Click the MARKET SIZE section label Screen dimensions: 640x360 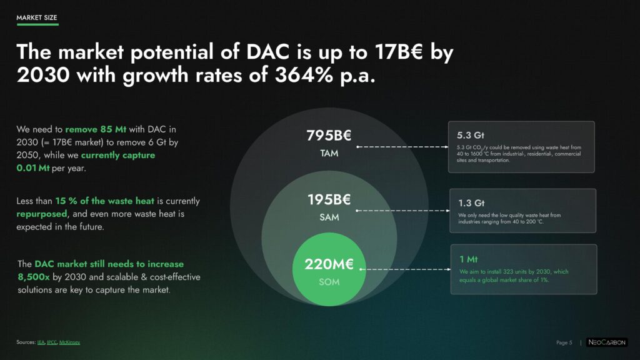click(x=37, y=17)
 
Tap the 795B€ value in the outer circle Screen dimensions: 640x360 click(x=329, y=136)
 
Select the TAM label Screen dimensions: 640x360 click(x=329, y=154)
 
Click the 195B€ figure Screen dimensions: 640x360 click(x=329, y=199)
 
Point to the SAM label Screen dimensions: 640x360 click(x=329, y=217)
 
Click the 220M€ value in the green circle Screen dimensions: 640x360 click(x=329, y=264)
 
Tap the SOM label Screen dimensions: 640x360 click(x=329, y=282)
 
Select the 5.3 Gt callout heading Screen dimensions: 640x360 click(x=470, y=135)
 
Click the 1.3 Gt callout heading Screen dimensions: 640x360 click(x=471, y=203)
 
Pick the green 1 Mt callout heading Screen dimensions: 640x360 click(x=468, y=259)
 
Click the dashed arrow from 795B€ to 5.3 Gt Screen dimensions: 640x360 click(x=402, y=146)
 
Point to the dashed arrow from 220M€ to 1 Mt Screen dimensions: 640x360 click(x=405, y=269)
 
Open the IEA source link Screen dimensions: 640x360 click(x=41, y=342)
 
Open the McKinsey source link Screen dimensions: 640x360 click(x=70, y=342)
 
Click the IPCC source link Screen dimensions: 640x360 click(x=52, y=342)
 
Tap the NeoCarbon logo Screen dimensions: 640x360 click(x=607, y=342)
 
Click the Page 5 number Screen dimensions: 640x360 click(x=564, y=342)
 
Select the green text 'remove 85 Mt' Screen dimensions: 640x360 click(x=96, y=129)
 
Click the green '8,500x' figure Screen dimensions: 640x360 click(x=34, y=277)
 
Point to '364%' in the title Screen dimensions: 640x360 click(x=304, y=75)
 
